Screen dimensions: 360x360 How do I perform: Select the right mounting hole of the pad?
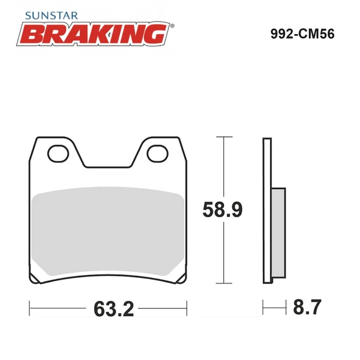(159, 152)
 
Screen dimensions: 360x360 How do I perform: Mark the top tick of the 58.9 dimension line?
(226, 137)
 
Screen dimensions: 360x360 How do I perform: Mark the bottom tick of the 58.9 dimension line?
(226, 284)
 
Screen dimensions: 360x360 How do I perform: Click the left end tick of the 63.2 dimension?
(30, 308)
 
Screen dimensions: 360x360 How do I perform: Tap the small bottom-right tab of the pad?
(181, 280)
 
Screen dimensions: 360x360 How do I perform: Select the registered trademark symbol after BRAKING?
(172, 26)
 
